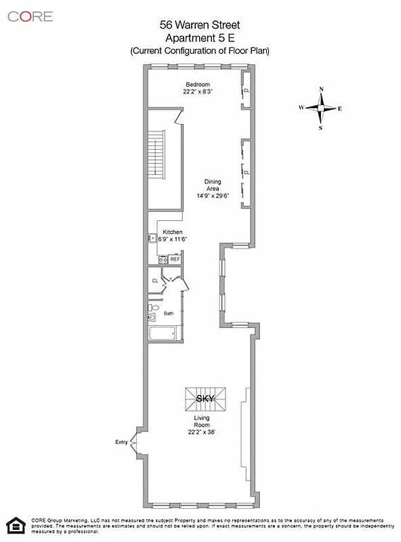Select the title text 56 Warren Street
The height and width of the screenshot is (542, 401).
coord(200,26)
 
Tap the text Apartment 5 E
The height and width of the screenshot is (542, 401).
coord(200,38)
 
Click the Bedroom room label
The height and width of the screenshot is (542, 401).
coord(198,84)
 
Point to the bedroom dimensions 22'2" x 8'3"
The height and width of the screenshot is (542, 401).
coord(198,91)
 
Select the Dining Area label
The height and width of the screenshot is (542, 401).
coord(213,185)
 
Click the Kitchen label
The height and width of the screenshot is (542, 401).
coord(172,232)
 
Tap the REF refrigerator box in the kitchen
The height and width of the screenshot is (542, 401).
coord(175,259)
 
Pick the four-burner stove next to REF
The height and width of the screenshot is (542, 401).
coord(163,259)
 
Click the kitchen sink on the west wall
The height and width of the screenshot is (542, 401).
coord(152,238)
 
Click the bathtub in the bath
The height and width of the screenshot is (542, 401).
coord(162,333)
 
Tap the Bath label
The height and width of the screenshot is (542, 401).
coord(168,313)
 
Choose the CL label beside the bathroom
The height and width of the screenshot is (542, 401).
coord(155,280)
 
